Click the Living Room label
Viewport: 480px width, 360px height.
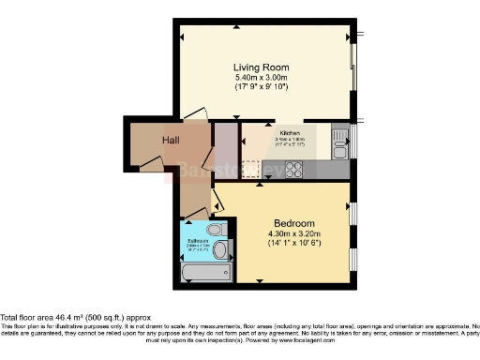(x=261, y=67)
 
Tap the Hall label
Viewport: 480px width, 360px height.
(x=171, y=141)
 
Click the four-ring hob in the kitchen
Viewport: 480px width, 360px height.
(x=293, y=170)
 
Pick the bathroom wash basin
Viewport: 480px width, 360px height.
(x=220, y=250)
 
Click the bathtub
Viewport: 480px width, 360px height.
(x=204, y=273)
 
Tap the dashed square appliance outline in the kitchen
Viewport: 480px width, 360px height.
(x=251, y=170)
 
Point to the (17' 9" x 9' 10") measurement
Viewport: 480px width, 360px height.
(x=261, y=87)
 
